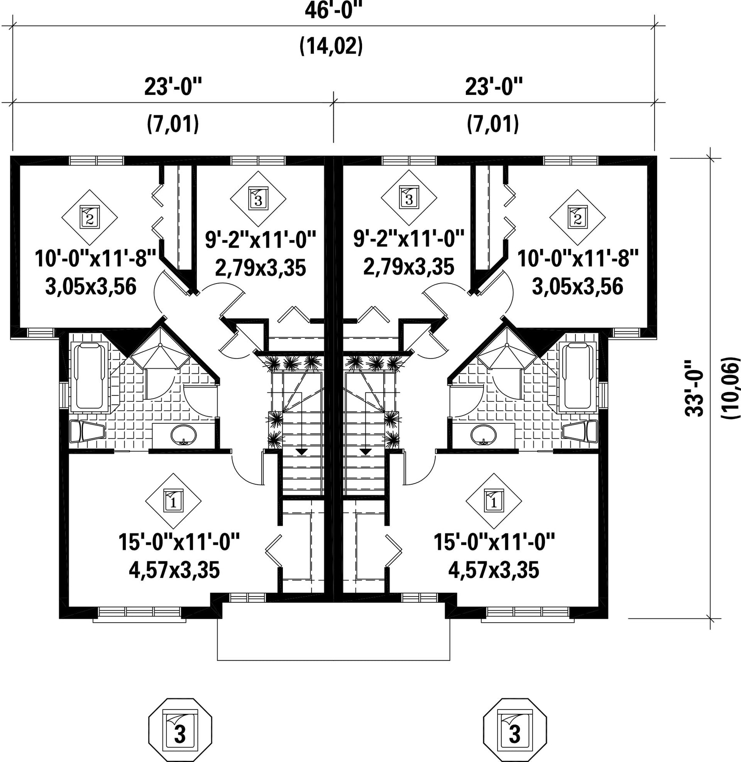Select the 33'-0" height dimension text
(694, 388)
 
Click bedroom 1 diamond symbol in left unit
(173, 501)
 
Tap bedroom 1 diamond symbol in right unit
(494, 501)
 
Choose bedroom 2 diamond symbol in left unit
(90, 217)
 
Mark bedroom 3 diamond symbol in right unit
(409, 198)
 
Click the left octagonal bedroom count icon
(180, 730)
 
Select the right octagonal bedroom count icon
(515, 730)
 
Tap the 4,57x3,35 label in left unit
(174, 570)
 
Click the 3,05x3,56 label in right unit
(578, 287)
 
